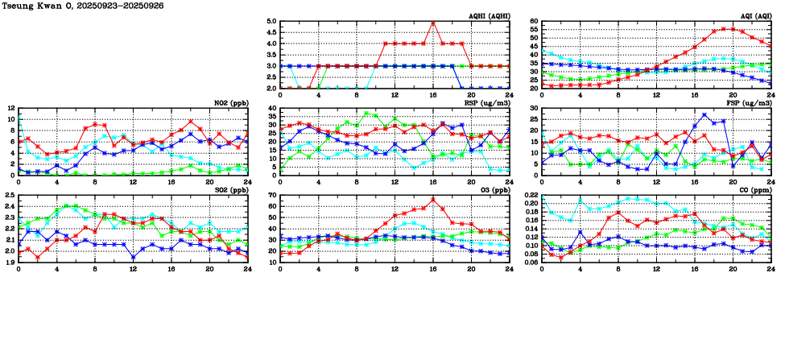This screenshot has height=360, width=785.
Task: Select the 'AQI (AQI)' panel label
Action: [756, 15]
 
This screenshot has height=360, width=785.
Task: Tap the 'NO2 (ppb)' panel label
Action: [229, 102]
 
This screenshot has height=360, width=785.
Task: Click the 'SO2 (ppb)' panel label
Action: [229, 190]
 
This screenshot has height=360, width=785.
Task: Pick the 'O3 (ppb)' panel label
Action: [494, 190]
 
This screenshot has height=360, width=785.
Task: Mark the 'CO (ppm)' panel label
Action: [756, 190]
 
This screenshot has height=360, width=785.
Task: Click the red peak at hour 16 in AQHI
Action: [434, 23]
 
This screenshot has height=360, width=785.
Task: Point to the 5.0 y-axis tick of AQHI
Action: [271, 22]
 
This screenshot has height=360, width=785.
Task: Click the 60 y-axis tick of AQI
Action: [533, 22]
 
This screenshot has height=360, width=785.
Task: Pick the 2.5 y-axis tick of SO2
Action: [9, 196]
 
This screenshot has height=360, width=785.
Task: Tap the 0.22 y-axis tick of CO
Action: [531, 196]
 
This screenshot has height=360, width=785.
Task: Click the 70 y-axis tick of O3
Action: [271, 196]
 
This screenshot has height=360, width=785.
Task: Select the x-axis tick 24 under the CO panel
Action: [771, 270]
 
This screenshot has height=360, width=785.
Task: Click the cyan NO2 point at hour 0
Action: [19, 118]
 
